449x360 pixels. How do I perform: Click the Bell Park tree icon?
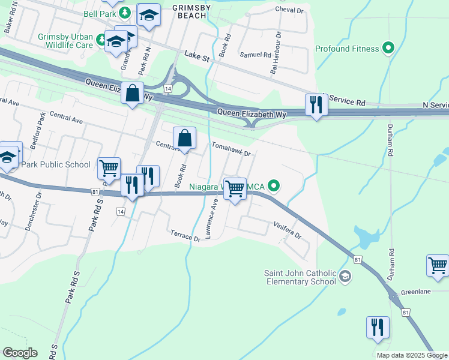pyautogui.click(x=124, y=12)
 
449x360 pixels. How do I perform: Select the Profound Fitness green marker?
pyautogui.click(x=388, y=49)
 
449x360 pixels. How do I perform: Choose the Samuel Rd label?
pyautogui.click(x=256, y=55)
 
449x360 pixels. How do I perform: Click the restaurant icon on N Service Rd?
pyautogui.click(x=316, y=105)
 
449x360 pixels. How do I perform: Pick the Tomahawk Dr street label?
pyautogui.click(x=230, y=149)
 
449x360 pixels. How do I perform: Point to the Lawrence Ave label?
pyautogui.click(x=211, y=220)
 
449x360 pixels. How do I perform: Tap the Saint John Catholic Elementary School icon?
pyautogui.click(x=345, y=276)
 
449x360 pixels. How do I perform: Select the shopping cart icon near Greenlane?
pyautogui.click(x=438, y=265)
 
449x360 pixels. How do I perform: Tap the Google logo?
pyautogui.click(x=20, y=353)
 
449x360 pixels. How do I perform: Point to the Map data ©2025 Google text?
pyautogui.click(x=412, y=355)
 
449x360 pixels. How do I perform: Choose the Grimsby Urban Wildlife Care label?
pyautogui.click(x=65, y=41)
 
